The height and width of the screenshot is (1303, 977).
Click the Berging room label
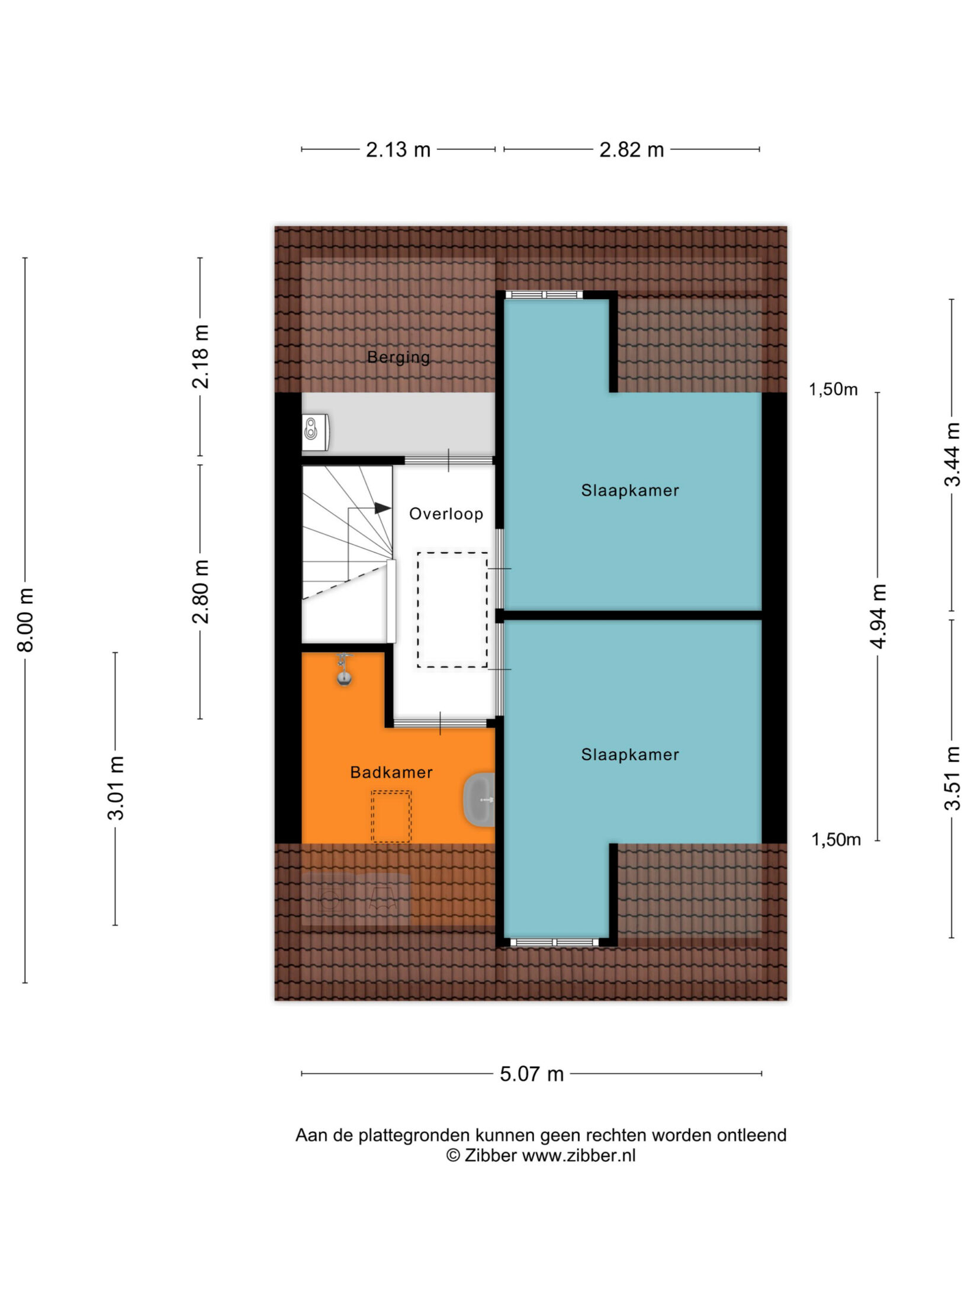tap(398, 358)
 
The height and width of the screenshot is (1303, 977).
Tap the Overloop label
tap(446, 514)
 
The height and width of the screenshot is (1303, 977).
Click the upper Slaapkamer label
tap(630, 490)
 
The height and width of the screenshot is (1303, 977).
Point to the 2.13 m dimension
tap(398, 150)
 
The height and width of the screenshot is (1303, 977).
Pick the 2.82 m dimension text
tap(631, 150)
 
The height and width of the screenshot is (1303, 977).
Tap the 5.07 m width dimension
tap(532, 1074)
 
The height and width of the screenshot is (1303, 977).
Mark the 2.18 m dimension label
tap(200, 357)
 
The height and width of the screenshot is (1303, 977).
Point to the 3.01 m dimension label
tap(115, 788)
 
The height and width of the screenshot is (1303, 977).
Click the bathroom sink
tap(479, 800)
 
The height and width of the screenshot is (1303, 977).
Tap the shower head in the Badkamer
tap(344, 670)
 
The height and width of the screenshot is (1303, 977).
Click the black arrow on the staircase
tap(382, 508)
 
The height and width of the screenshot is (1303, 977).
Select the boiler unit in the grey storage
tap(316, 433)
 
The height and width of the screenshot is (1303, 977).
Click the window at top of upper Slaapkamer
tap(544, 294)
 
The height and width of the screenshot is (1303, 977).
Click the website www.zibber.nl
tap(579, 1155)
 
